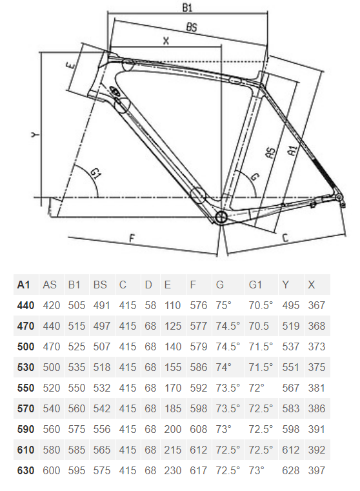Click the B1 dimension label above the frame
(187, 7)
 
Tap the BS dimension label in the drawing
(192, 27)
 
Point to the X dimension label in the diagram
(166, 41)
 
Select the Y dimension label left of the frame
(35, 134)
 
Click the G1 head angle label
(95, 173)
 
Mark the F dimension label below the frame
(132, 238)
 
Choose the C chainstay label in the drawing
(285, 238)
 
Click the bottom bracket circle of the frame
(221, 217)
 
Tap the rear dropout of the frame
(339, 198)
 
